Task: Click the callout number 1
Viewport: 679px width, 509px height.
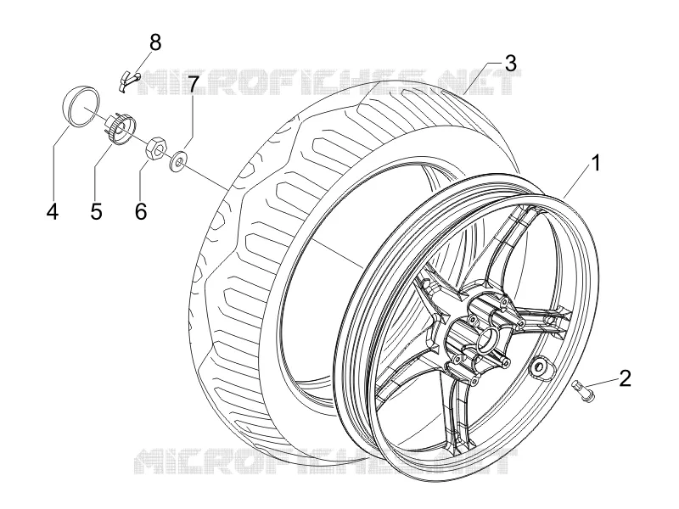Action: pyautogui.click(x=596, y=164)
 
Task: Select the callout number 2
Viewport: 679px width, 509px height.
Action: pyautogui.click(x=625, y=378)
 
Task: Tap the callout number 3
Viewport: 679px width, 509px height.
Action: pyautogui.click(x=511, y=63)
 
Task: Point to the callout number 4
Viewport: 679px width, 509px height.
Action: pyautogui.click(x=53, y=211)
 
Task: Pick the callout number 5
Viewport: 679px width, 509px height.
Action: pyautogui.click(x=97, y=211)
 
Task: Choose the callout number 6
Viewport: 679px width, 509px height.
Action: pyautogui.click(x=141, y=211)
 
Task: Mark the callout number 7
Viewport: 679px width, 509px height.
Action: pyautogui.click(x=193, y=84)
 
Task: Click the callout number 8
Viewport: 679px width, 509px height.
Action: pyautogui.click(x=155, y=43)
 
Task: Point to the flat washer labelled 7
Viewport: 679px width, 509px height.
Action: pyautogui.click(x=178, y=159)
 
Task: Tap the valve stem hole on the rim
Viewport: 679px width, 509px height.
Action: pyautogui.click(x=539, y=366)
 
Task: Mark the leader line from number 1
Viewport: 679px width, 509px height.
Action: pyautogui.click(x=577, y=183)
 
